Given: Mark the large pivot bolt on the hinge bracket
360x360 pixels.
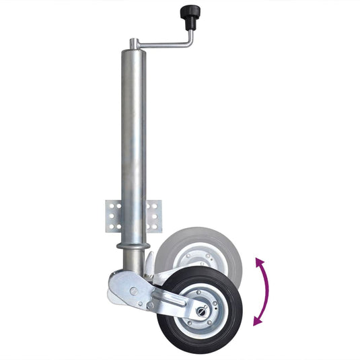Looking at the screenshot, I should pos(134,291).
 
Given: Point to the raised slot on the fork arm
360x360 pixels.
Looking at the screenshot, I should pos(172,299).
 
